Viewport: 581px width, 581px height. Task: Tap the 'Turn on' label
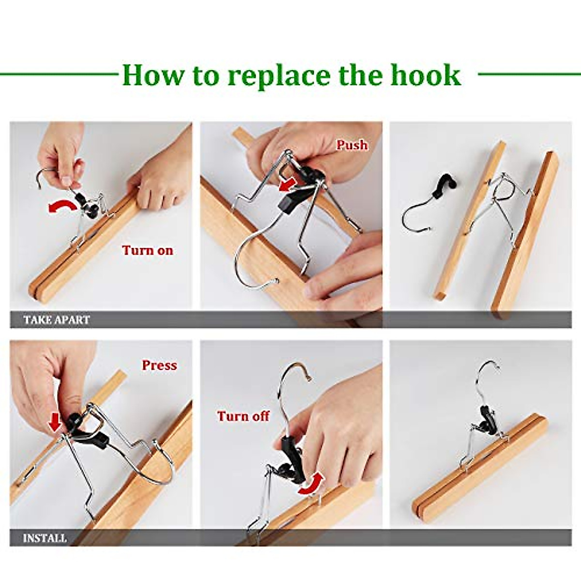(x=147, y=250)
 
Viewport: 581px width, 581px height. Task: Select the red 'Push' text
(x=352, y=145)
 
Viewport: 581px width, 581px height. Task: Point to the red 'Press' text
(x=159, y=365)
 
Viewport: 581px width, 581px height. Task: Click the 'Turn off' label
(x=243, y=416)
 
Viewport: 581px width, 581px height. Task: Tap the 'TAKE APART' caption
(x=57, y=320)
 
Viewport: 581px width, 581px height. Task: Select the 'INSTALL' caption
(x=45, y=538)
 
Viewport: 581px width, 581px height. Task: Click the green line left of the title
(x=58, y=74)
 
